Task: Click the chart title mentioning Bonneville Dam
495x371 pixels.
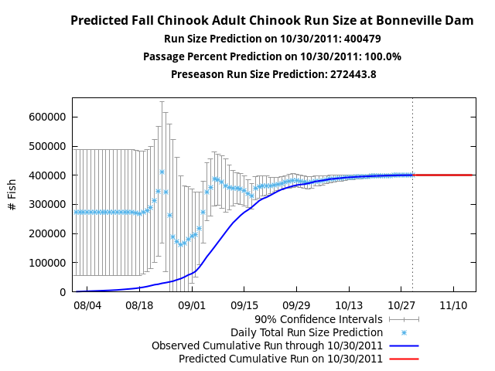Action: pyautogui.click(x=272, y=21)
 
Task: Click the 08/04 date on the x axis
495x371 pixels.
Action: pyautogui.click(x=87, y=305)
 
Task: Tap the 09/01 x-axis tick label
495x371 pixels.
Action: pyautogui.click(x=192, y=305)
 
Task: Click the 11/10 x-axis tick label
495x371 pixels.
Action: pyautogui.click(x=453, y=305)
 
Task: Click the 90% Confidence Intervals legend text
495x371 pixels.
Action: pyautogui.click(x=319, y=318)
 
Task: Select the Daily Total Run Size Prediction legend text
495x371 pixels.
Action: pyautogui.click(x=306, y=332)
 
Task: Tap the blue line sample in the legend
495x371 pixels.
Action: pyautogui.click(x=404, y=345)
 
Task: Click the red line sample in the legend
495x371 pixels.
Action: pyautogui.click(x=404, y=359)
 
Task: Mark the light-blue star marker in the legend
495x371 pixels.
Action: pyautogui.click(x=404, y=332)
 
